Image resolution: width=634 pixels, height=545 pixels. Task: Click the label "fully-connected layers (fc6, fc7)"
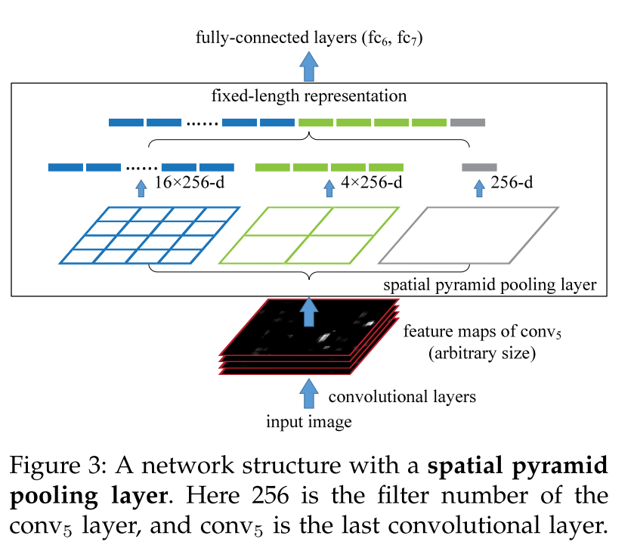click(x=308, y=37)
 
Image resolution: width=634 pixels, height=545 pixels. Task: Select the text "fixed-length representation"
click(x=308, y=97)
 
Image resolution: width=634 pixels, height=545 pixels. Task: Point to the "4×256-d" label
click(x=372, y=183)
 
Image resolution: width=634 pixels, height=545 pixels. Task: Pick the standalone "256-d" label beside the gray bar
click(x=512, y=183)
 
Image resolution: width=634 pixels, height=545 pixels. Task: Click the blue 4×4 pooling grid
click(x=150, y=235)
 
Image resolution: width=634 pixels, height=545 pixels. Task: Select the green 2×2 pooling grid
click(x=308, y=235)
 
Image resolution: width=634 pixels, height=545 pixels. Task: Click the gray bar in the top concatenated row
click(x=468, y=122)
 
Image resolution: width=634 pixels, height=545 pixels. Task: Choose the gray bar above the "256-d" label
click(x=479, y=167)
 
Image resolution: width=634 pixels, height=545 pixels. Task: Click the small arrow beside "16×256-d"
click(x=140, y=186)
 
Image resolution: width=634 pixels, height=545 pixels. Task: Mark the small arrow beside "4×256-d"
click(x=328, y=186)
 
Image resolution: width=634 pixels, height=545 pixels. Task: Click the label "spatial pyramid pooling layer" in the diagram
click(x=490, y=286)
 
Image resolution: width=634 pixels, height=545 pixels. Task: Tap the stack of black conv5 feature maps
click(x=308, y=336)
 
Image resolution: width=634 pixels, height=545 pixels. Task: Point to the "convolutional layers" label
click(x=401, y=396)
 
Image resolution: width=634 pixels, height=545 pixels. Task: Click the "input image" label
click(x=308, y=422)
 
